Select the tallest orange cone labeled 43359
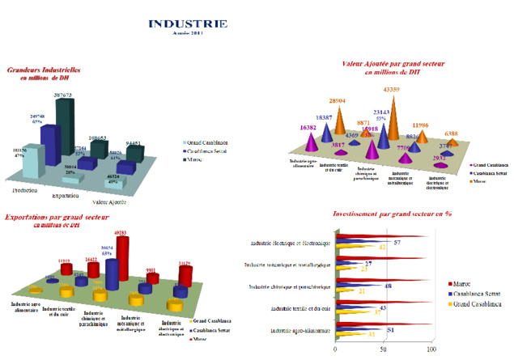(393, 117)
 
